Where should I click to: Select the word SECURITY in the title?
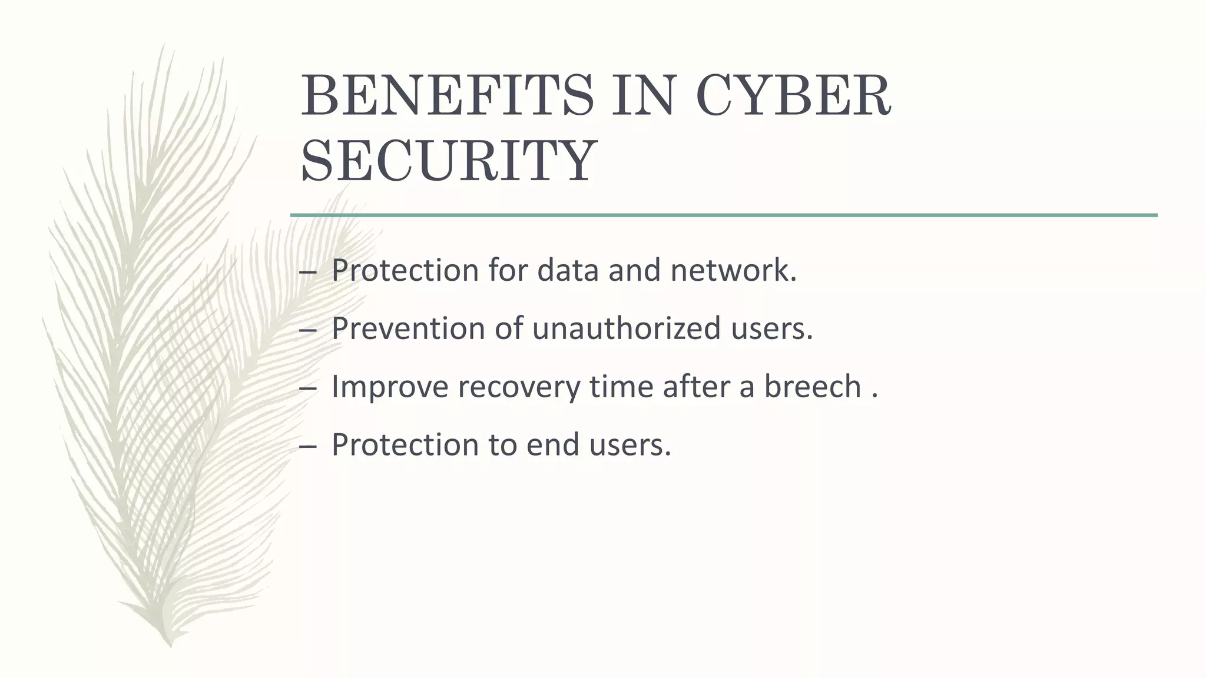pyautogui.click(x=449, y=160)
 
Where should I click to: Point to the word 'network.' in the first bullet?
pyautogui.click(x=734, y=270)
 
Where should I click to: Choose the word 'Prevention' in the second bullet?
pyautogui.click(x=408, y=328)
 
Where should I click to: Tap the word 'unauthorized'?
pyautogui.click(x=627, y=328)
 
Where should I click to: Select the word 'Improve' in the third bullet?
pyautogui.click(x=390, y=387)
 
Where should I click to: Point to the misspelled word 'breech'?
pyautogui.click(x=813, y=387)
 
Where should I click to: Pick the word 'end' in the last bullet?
pyautogui.click(x=551, y=444)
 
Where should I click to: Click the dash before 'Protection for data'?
pyautogui.click(x=307, y=272)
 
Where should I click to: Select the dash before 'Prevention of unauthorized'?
pyautogui.click(x=307, y=330)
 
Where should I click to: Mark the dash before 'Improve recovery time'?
pyautogui.click(x=307, y=388)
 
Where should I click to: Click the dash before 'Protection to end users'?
pyautogui.click(x=307, y=446)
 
